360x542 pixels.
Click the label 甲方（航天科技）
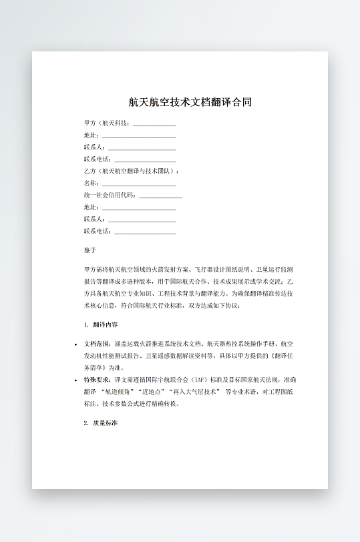[106, 123]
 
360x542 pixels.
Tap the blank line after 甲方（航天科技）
[154, 124]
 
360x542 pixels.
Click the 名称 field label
[91, 184]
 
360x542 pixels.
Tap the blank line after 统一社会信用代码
[160, 196]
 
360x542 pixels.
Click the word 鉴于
[90, 251]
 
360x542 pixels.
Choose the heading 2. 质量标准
[101, 423]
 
